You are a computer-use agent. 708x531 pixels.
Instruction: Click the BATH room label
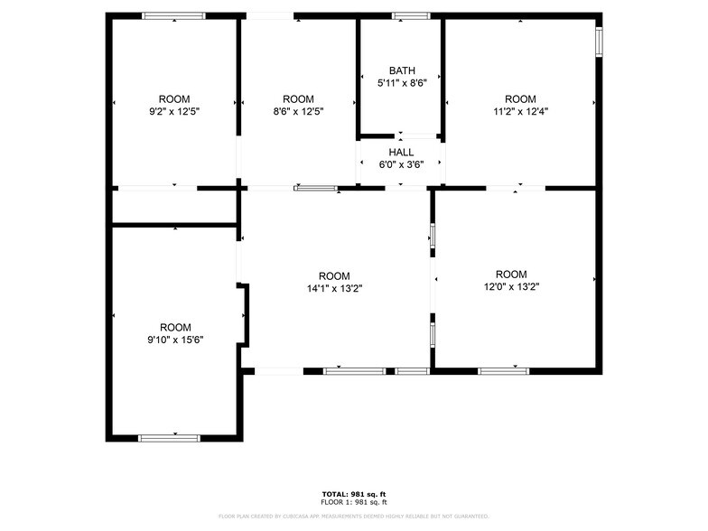pos(401,70)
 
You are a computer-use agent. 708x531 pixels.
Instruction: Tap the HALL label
pos(401,153)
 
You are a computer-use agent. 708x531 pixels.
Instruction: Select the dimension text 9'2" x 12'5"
pos(174,111)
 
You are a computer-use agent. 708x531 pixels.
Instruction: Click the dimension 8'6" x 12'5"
pos(298,111)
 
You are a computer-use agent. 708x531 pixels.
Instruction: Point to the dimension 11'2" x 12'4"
pos(520,111)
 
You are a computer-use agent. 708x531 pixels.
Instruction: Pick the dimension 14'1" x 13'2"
pos(334,289)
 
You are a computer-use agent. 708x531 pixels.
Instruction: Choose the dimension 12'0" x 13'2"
pos(511,287)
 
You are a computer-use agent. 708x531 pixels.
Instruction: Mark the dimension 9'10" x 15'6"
pos(175,340)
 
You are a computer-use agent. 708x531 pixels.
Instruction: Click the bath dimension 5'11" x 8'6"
pos(401,83)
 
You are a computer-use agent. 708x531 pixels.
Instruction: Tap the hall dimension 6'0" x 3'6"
pos(401,164)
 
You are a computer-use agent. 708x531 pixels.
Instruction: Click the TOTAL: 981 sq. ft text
pos(354,494)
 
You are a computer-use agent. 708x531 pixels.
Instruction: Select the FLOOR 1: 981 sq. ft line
pos(354,502)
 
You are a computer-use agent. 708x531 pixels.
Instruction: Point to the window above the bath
pos(411,15)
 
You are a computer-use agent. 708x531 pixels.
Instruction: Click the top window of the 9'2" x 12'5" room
pos(174,15)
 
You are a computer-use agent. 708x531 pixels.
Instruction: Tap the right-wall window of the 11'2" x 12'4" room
pos(599,42)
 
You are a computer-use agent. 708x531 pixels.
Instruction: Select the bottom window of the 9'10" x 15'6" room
pos(169,438)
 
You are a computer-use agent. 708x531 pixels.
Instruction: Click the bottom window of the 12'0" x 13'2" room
pos(504,370)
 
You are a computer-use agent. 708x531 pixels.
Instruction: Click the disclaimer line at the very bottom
pos(354,517)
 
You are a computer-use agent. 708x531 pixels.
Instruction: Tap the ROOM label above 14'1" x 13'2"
pos(334,276)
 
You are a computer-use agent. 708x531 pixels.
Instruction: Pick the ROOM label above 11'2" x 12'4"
pos(520,98)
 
